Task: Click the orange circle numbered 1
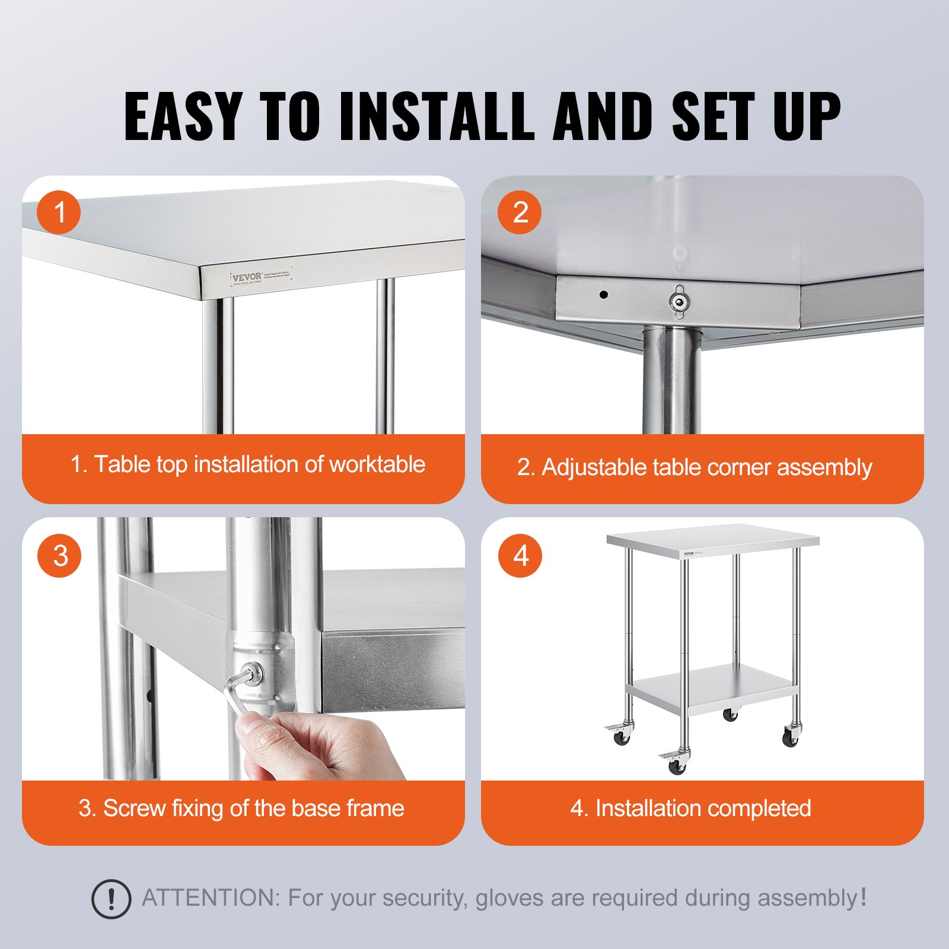coord(59,212)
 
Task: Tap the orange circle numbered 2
coord(520,212)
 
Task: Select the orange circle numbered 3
coord(59,556)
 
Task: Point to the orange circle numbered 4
coord(520,556)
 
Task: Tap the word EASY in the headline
coord(183,116)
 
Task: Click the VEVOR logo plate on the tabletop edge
coord(261,277)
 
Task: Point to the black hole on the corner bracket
coord(604,294)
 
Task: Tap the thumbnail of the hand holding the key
coord(261,727)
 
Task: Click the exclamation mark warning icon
coord(111,899)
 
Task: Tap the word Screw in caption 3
coord(134,808)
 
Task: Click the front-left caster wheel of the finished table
coord(677,766)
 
